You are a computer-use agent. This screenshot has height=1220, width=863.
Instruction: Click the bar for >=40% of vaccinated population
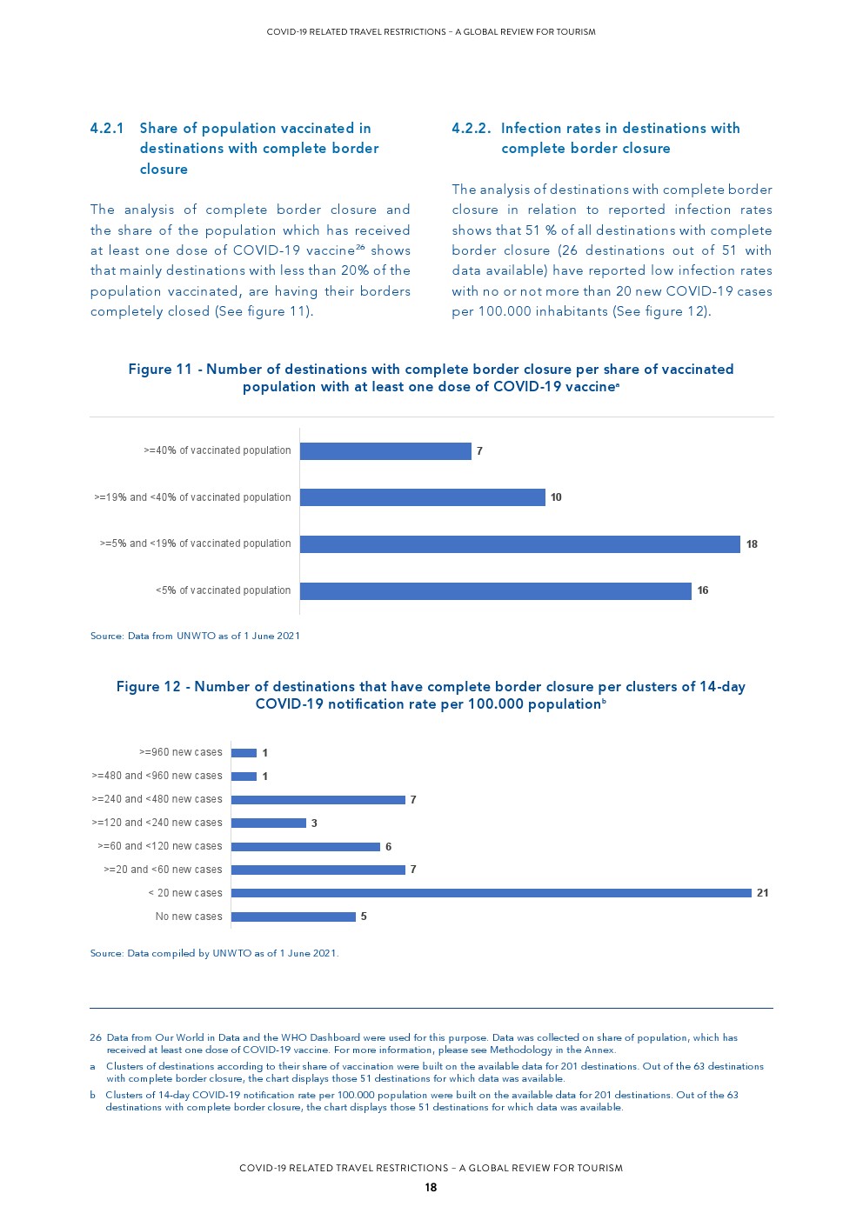point(385,451)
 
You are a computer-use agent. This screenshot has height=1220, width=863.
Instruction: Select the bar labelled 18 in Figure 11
point(519,544)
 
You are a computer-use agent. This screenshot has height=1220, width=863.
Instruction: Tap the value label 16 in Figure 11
point(703,590)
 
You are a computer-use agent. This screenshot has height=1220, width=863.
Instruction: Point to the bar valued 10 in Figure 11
point(422,497)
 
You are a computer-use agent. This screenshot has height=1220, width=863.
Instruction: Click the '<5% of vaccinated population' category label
point(224,590)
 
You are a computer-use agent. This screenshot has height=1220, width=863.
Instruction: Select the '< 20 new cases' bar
point(491,893)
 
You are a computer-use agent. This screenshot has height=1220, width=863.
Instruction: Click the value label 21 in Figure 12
point(763,893)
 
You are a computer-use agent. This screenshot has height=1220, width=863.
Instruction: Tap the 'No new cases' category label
point(189,917)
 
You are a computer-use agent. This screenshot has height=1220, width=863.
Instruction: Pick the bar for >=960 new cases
point(244,753)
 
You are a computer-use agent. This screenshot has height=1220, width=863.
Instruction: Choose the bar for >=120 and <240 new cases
point(269,823)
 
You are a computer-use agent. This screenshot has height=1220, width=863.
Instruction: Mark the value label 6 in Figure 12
point(389,847)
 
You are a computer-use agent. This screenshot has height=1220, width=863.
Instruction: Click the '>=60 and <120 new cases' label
point(160,846)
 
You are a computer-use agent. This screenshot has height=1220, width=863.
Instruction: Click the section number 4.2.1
point(107,129)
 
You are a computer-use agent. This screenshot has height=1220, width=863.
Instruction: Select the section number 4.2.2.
point(471,129)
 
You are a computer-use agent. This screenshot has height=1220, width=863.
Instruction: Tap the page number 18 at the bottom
point(431,1188)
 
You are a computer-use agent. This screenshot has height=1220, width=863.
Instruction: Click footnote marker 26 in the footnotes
point(96,1037)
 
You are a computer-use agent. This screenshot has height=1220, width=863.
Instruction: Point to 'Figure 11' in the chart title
point(160,370)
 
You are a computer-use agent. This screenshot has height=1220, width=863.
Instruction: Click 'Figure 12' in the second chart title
point(149,687)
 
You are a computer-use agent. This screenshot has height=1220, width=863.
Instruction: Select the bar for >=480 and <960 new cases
point(244,777)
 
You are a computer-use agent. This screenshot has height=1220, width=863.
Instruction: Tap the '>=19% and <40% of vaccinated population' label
point(192,497)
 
